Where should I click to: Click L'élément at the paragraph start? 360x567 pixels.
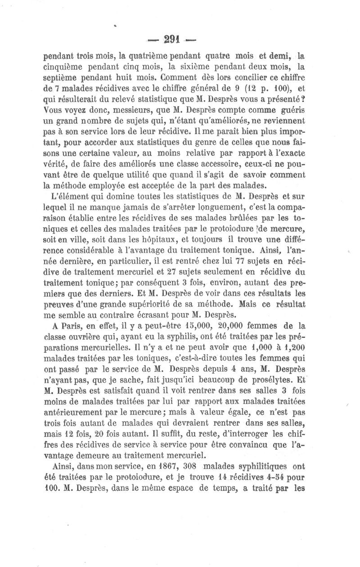pos(68,196)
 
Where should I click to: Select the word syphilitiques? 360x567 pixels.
pos(261,463)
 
